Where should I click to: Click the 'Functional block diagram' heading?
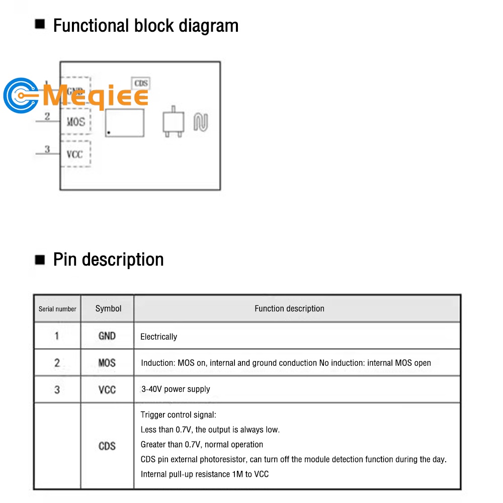click(x=145, y=25)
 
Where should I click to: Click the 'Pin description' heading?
click(x=108, y=260)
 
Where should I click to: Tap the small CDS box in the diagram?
click(x=141, y=83)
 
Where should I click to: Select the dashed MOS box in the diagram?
click(x=76, y=121)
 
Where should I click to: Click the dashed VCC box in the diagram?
click(x=75, y=154)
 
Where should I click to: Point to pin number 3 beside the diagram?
click(x=47, y=149)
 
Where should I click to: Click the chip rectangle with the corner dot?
click(x=124, y=123)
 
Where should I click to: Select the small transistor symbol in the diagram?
click(x=173, y=122)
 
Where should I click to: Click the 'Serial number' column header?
click(x=57, y=309)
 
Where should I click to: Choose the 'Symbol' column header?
click(x=108, y=308)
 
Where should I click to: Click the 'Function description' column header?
click(x=289, y=309)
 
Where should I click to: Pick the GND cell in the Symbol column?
click(x=107, y=336)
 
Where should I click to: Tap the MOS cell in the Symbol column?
click(x=107, y=363)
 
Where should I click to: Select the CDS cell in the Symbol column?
click(x=107, y=446)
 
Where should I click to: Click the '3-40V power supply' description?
click(x=176, y=389)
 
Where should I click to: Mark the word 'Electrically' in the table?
click(x=159, y=337)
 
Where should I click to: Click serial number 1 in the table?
click(x=57, y=336)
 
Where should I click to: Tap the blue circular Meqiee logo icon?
click(x=20, y=96)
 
